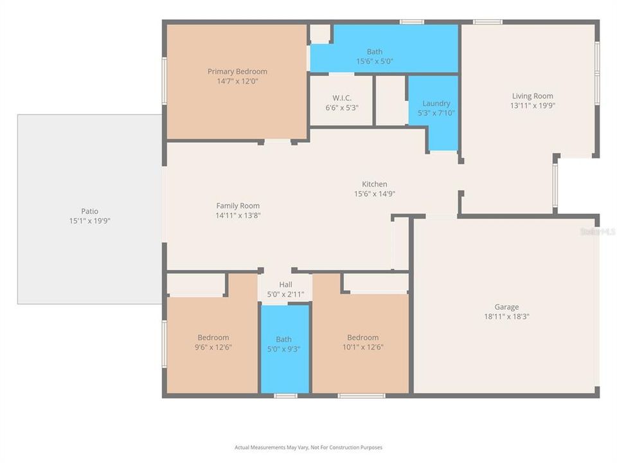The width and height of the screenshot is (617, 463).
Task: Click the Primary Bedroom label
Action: pyautogui.click(x=237, y=71)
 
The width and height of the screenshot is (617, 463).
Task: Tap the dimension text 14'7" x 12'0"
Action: pyautogui.click(x=237, y=82)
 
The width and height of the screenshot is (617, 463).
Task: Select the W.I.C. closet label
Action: pyautogui.click(x=341, y=98)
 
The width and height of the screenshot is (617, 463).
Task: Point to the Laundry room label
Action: pyautogui.click(x=436, y=104)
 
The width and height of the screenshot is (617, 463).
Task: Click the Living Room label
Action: pyautogui.click(x=532, y=96)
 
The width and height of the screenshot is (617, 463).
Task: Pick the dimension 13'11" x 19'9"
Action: pyautogui.click(x=532, y=106)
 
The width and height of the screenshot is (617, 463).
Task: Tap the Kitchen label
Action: pyautogui.click(x=375, y=185)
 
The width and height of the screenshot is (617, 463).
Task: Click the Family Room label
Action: pyautogui.click(x=238, y=206)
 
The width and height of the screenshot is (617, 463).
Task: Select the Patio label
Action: pyautogui.click(x=89, y=211)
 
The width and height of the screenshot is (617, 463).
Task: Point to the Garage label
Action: pyautogui.click(x=506, y=307)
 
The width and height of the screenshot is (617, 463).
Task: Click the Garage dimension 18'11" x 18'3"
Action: pyautogui.click(x=506, y=316)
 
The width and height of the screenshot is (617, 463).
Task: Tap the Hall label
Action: pyautogui.click(x=285, y=285)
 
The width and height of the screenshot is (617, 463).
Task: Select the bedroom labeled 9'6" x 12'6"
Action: pyautogui.click(x=213, y=342)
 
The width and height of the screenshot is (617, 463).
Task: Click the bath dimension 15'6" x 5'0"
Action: pyautogui.click(x=375, y=62)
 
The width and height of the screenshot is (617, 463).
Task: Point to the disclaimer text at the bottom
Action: pyautogui.click(x=308, y=448)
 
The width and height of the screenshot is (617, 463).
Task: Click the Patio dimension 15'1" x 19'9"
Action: pyautogui.click(x=89, y=221)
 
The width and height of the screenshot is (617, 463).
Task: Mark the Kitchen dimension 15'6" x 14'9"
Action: pyautogui.click(x=375, y=194)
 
